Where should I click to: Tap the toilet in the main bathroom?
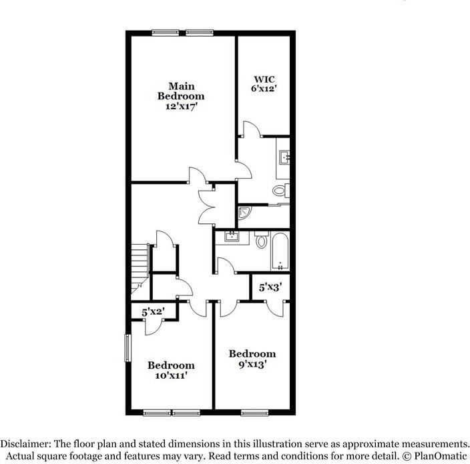280,191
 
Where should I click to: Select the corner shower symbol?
244,214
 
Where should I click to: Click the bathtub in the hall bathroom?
280,251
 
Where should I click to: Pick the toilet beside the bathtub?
262,239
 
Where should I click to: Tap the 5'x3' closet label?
270,287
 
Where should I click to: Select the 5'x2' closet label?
153,311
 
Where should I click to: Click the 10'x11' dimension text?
171,375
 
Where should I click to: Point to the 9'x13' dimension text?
252,364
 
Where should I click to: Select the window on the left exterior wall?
127,347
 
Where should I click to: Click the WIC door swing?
251,129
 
